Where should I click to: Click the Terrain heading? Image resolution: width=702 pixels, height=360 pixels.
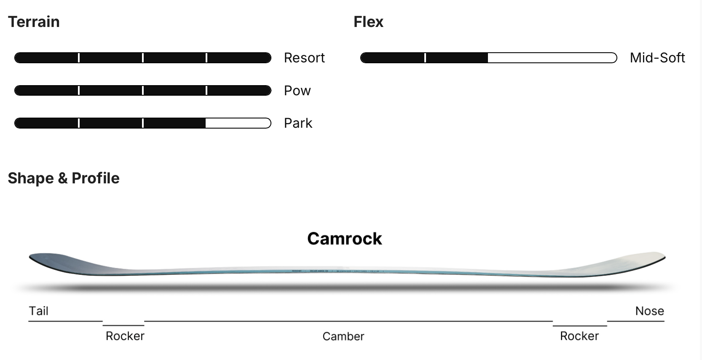tap(34, 22)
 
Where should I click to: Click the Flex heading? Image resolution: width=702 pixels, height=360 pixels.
tap(368, 22)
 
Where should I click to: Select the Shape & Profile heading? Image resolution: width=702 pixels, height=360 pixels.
tap(64, 178)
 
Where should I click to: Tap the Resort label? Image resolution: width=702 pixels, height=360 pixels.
tap(304, 58)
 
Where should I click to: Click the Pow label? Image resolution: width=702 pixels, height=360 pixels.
tap(297, 91)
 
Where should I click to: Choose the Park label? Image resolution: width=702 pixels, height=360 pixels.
tap(298, 123)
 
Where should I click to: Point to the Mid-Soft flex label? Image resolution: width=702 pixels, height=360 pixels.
tap(657, 58)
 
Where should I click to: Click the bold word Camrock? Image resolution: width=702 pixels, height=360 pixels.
tap(344, 239)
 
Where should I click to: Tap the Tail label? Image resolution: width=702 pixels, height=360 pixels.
tap(38, 311)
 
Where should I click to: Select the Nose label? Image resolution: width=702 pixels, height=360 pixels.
tap(649, 311)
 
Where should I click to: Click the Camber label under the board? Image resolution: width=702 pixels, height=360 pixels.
tap(343, 336)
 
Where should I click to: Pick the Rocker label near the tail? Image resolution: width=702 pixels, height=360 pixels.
tap(125, 336)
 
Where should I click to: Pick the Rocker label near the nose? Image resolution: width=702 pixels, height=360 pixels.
tap(579, 336)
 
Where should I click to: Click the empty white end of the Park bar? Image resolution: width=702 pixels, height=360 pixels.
tap(238, 123)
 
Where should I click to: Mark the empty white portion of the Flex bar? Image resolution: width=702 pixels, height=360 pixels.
tap(552, 58)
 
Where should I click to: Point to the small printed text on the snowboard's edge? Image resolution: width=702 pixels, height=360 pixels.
tap(337, 271)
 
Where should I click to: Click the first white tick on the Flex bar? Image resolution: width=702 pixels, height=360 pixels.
tap(425, 58)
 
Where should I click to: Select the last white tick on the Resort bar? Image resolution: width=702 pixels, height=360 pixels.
tap(206, 58)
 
